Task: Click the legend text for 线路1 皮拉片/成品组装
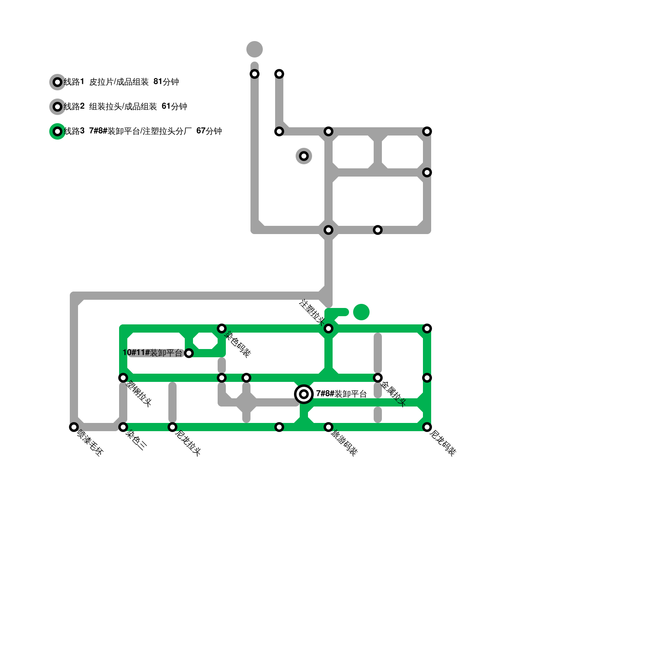tap(122, 82)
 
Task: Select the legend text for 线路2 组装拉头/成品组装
tap(126, 107)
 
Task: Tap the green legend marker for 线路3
tap(57, 131)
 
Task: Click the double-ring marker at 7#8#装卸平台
tap(304, 394)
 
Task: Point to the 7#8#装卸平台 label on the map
tap(341, 394)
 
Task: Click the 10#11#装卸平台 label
tap(152, 353)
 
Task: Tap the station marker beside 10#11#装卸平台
tap(189, 353)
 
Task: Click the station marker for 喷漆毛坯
tap(74, 427)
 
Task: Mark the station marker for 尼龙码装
tap(427, 427)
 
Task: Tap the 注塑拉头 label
tap(312, 312)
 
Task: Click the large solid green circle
tap(361, 312)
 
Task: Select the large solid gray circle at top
tap(255, 49)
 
